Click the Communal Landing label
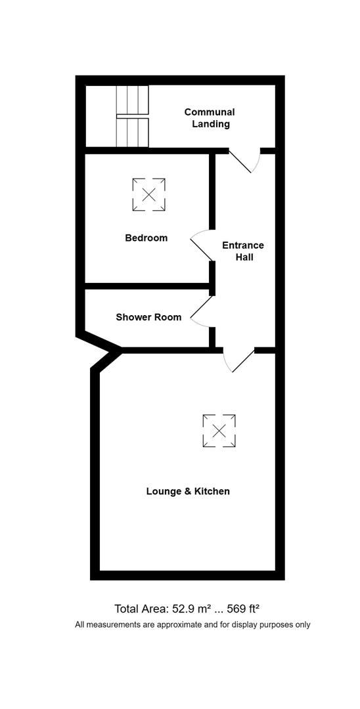click(x=209, y=118)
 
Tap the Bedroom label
click(x=146, y=238)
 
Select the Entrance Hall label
click(x=242, y=251)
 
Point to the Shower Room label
click(x=148, y=317)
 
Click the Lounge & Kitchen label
click(x=188, y=491)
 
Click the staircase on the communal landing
click(x=133, y=116)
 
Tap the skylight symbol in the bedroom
click(x=148, y=195)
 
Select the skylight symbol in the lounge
click(x=219, y=431)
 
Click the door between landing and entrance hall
click(x=243, y=160)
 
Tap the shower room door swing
click(x=201, y=311)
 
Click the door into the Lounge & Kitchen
click(x=239, y=360)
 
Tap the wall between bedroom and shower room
click(x=148, y=286)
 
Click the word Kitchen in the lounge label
click(x=212, y=491)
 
